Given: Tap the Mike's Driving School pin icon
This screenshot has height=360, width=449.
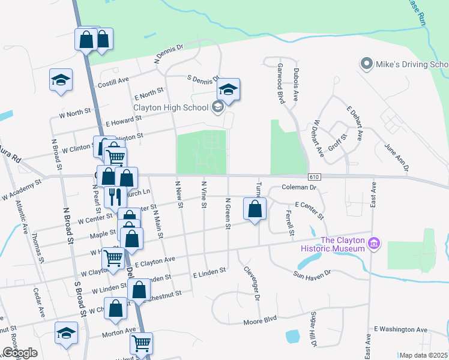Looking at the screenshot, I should pos(365,64).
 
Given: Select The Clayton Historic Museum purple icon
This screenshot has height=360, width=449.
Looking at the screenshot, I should pos(374,243).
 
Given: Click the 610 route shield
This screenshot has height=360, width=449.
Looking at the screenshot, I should pos(315,176).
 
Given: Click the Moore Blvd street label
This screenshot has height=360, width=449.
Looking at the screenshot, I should pos(260,321).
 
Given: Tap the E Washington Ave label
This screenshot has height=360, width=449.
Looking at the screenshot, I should pos(400,329).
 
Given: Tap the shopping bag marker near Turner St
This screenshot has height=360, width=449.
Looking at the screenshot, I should pos(255,209).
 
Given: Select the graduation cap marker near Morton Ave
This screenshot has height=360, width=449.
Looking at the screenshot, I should pos(66,332).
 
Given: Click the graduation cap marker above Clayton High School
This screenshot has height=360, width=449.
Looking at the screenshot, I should pos(228,89).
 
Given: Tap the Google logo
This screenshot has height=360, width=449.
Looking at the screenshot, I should pos(20,352).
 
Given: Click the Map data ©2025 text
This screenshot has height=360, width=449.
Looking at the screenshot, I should pos(424,355).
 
